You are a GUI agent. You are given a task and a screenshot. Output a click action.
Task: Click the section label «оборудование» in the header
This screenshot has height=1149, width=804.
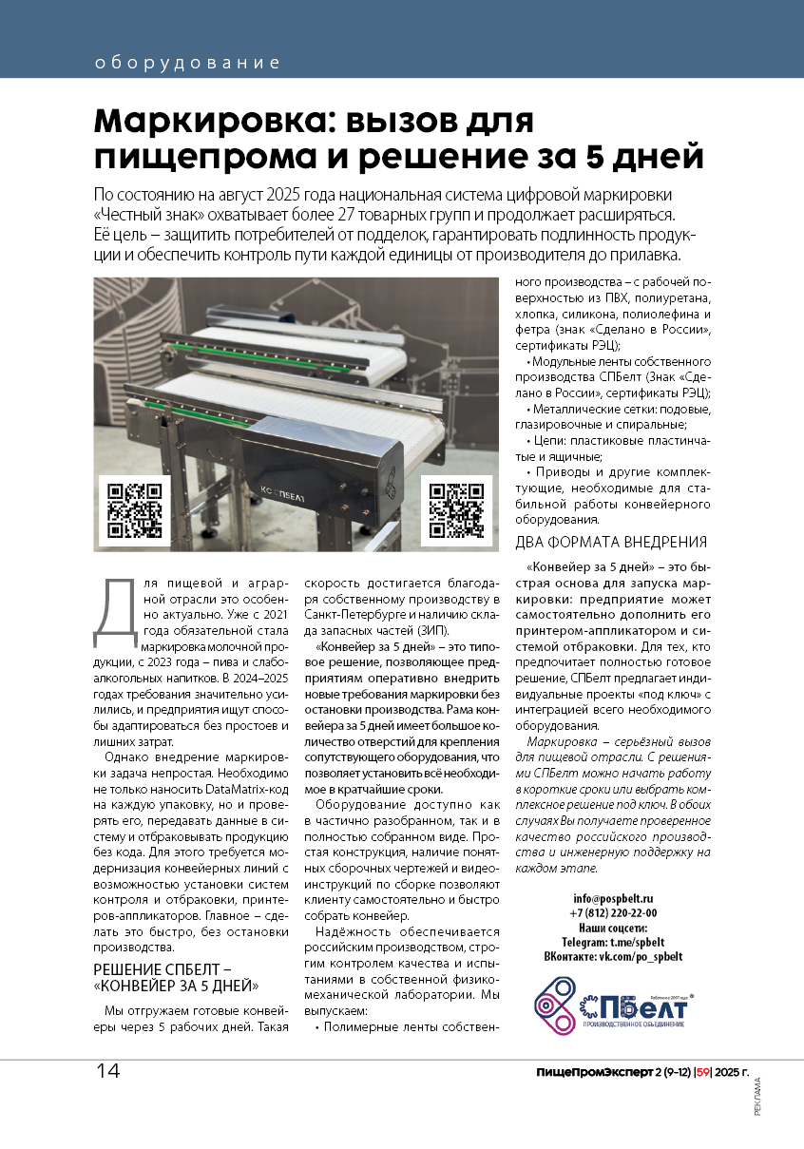(x=188, y=64)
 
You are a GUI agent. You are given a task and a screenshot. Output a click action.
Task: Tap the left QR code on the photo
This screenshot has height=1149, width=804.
(x=134, y=510)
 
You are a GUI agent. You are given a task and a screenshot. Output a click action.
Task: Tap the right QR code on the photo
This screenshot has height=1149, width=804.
(x=456, y=510)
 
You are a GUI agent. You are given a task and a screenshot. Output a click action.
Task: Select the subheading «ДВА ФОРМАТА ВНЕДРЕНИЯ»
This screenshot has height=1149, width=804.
(x=610, y=543)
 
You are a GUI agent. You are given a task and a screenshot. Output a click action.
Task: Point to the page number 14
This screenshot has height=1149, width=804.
(x=107, y=1071)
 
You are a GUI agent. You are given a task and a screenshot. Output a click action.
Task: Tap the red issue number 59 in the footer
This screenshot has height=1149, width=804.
(x=703, y=1073)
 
